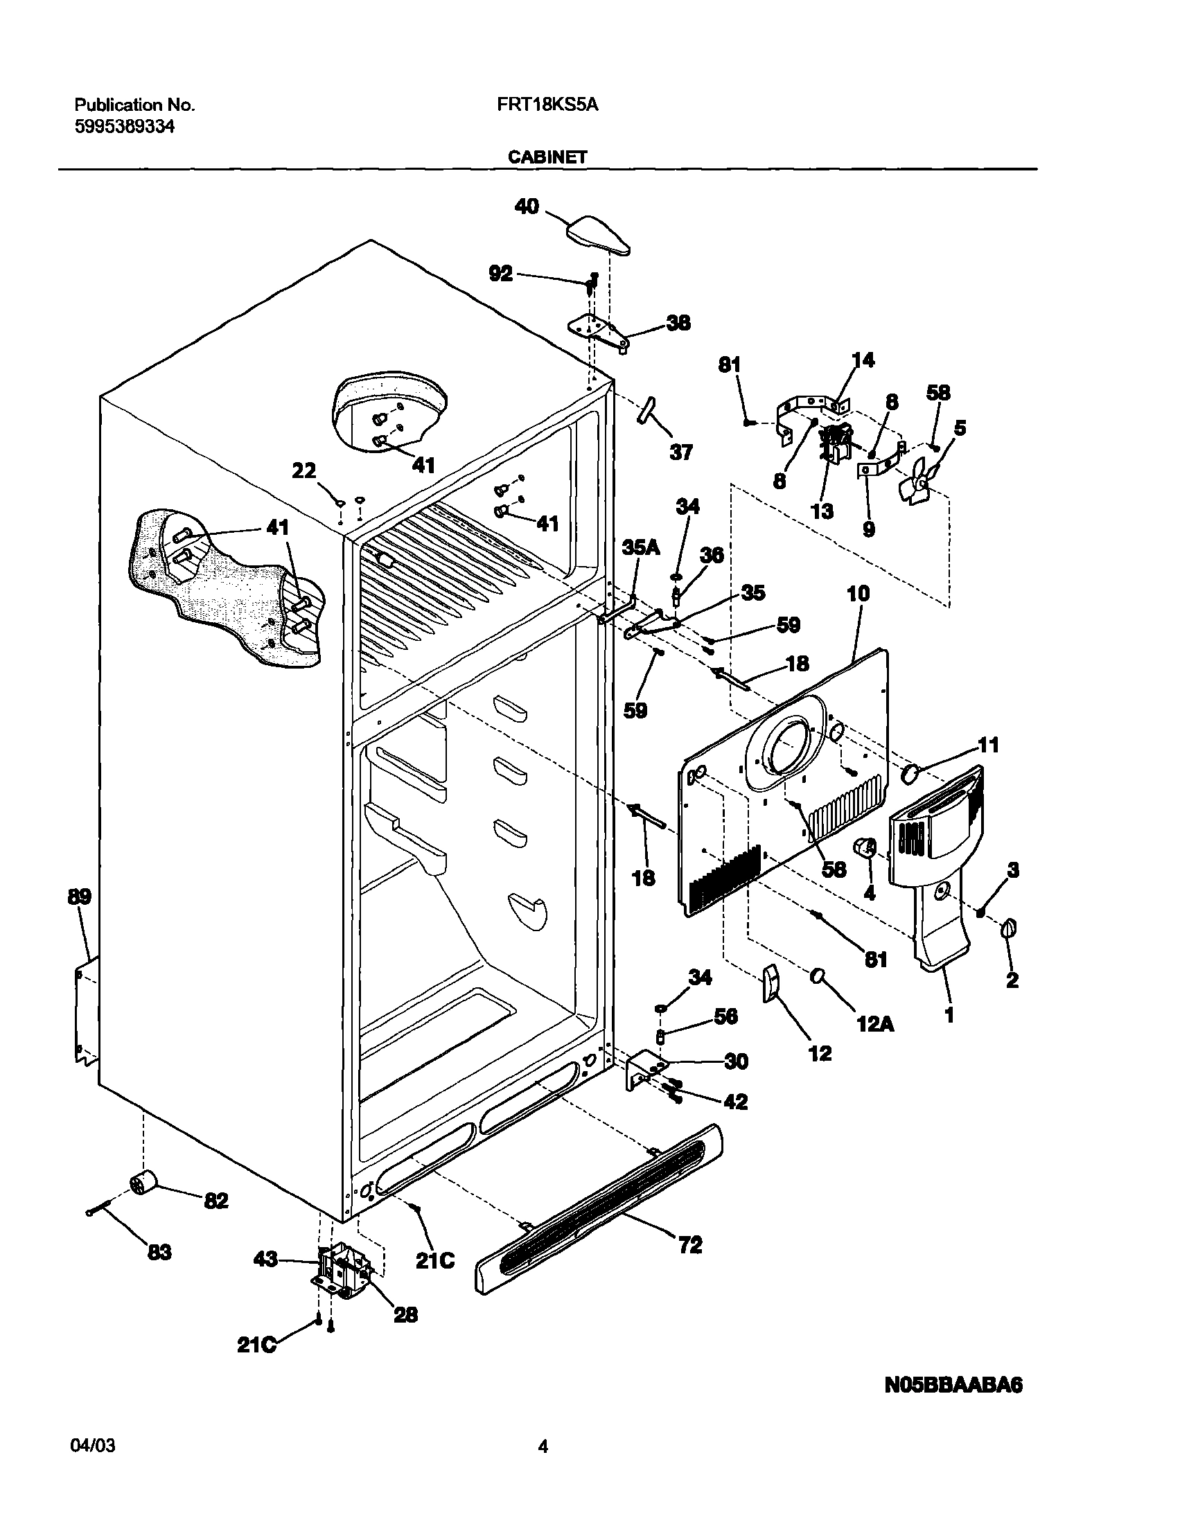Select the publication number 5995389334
pos(125,127)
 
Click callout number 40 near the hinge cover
pos(527,206)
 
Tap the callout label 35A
pos(641,548)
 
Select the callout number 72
pos(690,1245)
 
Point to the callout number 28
pos(405,1315)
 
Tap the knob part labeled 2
pos(1009,928)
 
